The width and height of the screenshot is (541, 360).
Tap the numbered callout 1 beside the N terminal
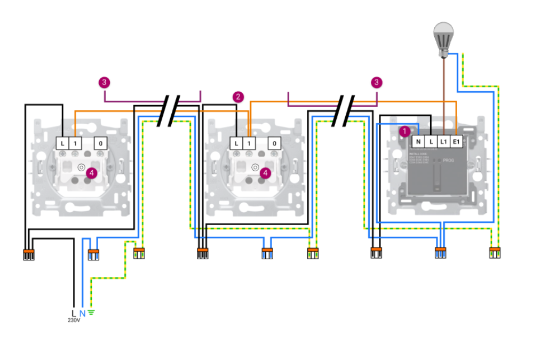tap(404, 130)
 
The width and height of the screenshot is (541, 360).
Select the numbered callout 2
tap(238, 97)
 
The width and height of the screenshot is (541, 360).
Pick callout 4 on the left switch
tap(92, 173)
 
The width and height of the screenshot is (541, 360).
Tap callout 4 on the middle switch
tap(265, 173)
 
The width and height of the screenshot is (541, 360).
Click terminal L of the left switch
tap(63, 143)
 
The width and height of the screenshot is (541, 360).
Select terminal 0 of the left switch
tap(101, 143)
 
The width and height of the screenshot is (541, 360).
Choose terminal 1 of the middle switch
tap(249, 143)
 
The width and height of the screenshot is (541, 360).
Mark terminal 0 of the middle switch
tap(274, 143)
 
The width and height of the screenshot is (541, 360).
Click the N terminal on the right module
tap(418, 142)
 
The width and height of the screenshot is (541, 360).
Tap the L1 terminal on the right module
tap(443, 142)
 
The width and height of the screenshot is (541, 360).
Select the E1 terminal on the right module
tap(457, 142)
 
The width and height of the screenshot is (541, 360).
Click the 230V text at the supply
tap(74, 321)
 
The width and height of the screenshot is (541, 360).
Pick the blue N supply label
tap(82, 313)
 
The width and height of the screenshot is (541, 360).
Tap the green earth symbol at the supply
tap(91, 313)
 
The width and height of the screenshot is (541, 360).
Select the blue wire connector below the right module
tap(441, 253)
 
